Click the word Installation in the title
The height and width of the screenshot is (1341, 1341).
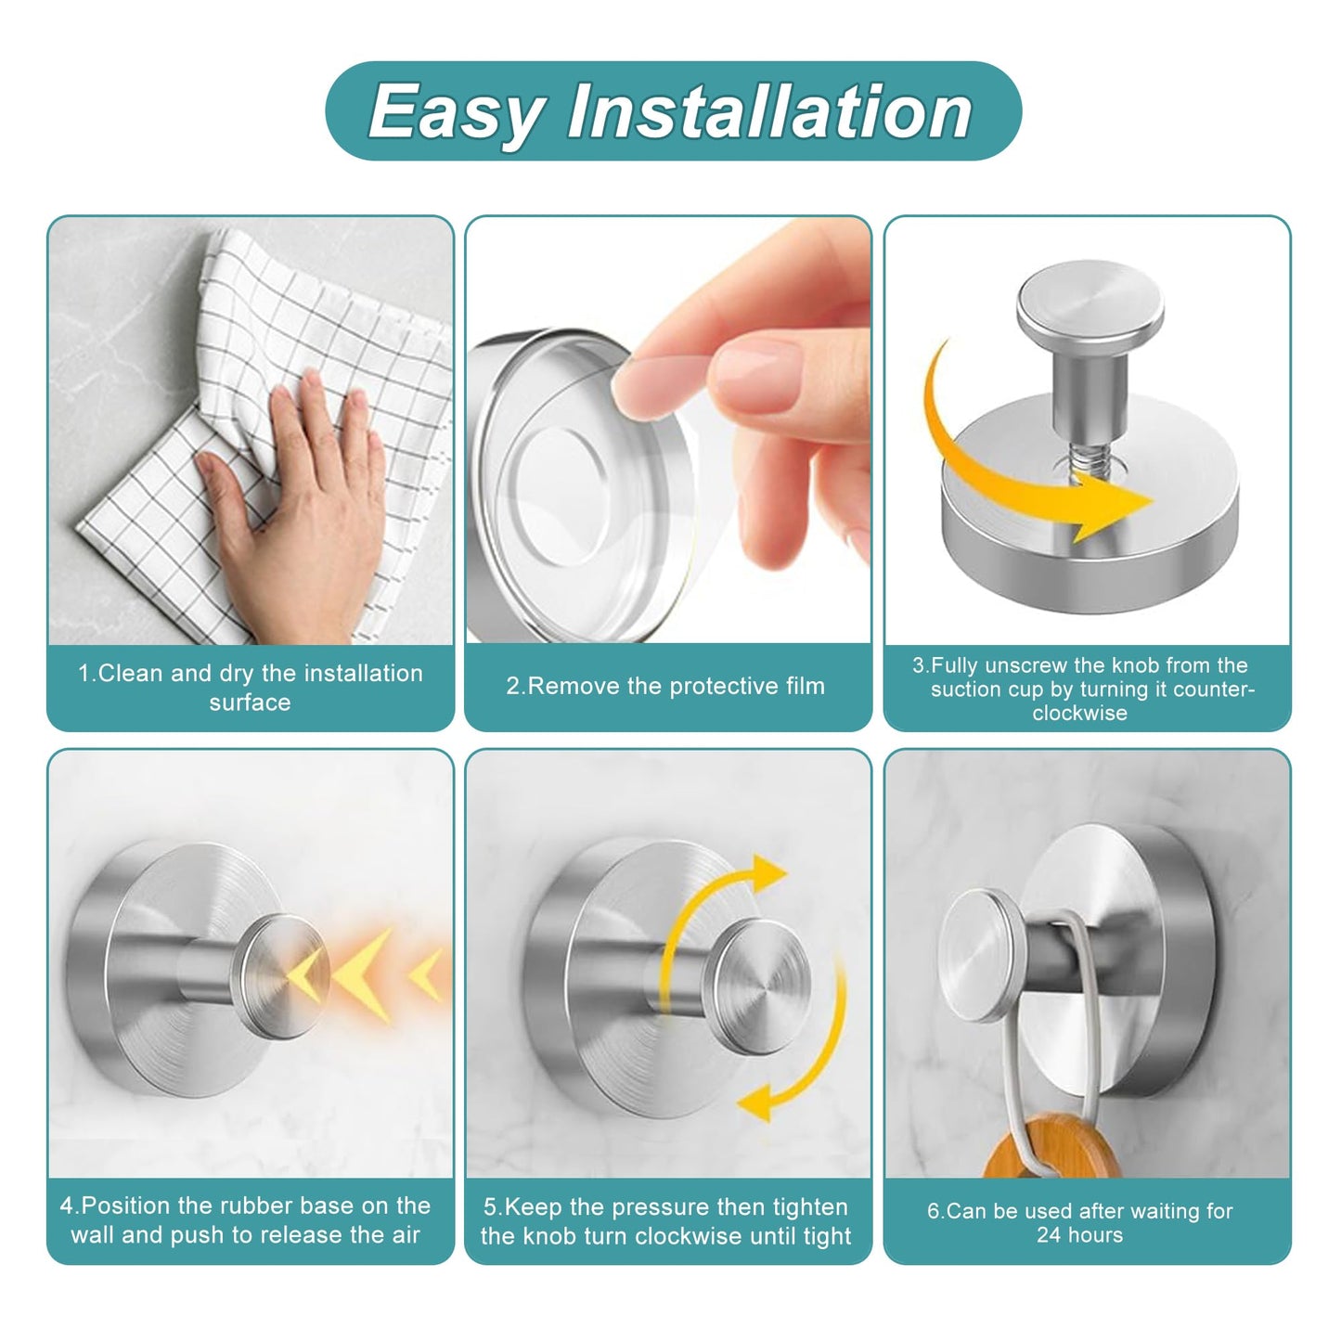pyautogui.click(x=769, y=112)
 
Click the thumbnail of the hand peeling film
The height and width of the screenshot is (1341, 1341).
pyautogui.click(x=668, y=430)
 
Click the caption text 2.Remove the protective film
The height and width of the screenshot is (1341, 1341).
pyautogui.click(x=665, y=686)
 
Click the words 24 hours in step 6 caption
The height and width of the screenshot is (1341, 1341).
pyautogui.click(x=1079, y=1235)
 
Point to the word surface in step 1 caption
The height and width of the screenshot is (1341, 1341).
pyautogui.click(x=250, y=703)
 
